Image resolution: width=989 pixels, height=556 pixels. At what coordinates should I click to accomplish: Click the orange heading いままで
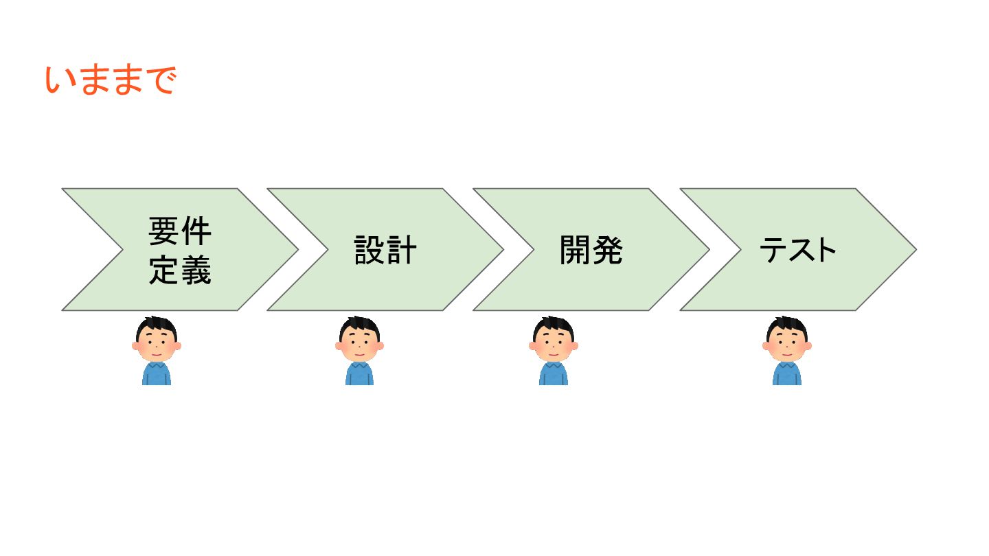111,81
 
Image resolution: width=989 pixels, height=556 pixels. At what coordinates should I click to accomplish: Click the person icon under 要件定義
157,350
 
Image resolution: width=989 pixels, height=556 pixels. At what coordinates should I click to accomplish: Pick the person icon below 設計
359,350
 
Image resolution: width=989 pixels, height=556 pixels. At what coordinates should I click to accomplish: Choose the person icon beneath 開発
554,350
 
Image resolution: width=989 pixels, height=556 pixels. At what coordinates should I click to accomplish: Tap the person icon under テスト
787,350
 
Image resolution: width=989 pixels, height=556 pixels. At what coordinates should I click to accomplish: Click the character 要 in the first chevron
164,231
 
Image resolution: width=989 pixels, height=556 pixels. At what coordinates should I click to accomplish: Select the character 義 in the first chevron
196,270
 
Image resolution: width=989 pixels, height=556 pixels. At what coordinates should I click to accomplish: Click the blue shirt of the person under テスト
787,374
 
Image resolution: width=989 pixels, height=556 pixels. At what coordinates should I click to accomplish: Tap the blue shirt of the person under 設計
359,374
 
